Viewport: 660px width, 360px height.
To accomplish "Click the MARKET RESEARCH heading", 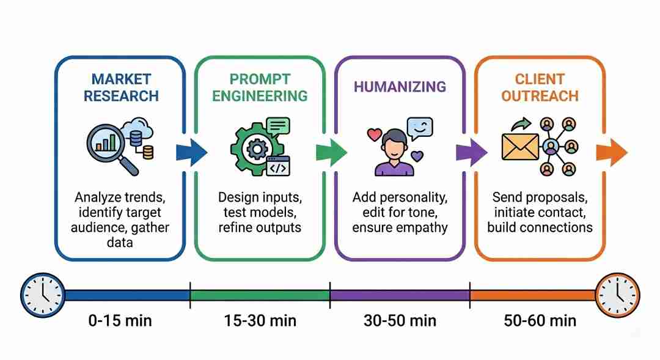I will pyautogui.click(x=120, y=87).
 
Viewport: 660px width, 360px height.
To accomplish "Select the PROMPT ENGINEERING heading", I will pyautogui.click(x=260, y=87).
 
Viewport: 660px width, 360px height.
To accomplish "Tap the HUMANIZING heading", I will pyautogui.click(x=400, y=87).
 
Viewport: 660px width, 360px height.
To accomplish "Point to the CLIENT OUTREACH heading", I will pyautogui.click(x=539, y=87).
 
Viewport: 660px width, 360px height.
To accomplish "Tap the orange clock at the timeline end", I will pyautogui.click(x=617, y=295).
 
